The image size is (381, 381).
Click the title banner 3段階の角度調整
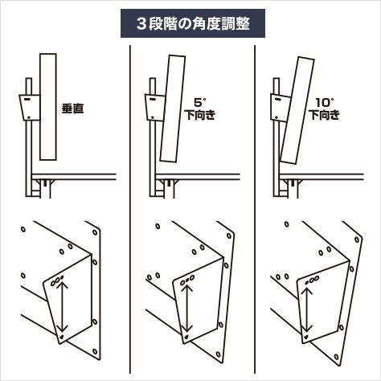193,23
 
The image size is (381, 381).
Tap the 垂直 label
72,109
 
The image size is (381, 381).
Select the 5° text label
200,103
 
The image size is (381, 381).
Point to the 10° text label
325,103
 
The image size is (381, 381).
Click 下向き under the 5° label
200,115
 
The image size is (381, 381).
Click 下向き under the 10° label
325,115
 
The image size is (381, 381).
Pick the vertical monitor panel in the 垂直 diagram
48,107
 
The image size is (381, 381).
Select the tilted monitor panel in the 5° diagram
173,109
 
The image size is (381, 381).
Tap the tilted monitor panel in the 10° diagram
297,110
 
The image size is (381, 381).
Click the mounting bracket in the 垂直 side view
30,108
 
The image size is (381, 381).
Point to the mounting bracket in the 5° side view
154,108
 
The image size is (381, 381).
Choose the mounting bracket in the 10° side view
280,108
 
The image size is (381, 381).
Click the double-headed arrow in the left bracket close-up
62,306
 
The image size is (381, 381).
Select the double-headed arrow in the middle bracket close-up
187,308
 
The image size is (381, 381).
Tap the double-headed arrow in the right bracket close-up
307,309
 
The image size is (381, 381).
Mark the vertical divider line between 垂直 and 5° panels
130,209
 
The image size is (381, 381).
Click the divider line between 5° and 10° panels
255,209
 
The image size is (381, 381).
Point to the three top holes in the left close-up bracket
57,280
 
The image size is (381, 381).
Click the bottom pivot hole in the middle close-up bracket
186,337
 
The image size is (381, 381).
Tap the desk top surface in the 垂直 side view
74,177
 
